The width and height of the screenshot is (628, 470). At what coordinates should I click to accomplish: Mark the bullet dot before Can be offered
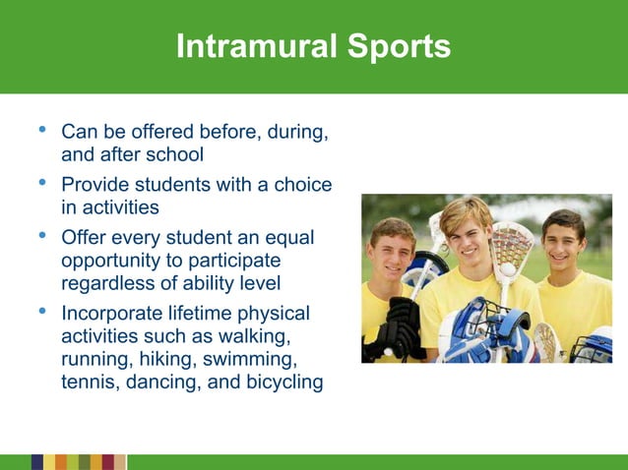tap(39, 130)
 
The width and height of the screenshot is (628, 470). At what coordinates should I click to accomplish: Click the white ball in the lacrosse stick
tap(508, 267)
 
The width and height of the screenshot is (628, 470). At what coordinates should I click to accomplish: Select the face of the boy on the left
tap(393, 252)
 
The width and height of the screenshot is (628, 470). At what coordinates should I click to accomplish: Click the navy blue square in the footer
tap(37, 462)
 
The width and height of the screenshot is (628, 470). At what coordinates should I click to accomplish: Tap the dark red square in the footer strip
tap(108, 462)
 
